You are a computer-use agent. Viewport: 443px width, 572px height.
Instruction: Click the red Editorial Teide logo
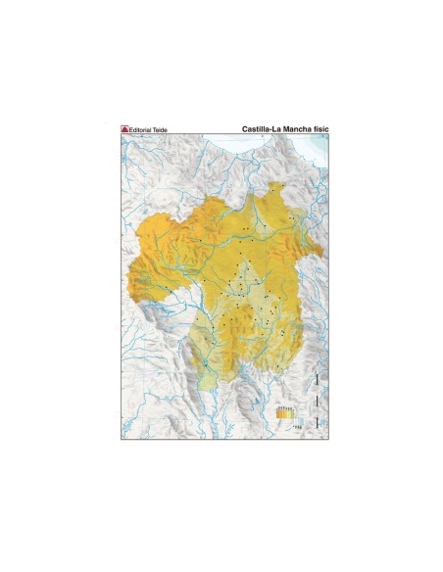coord(124,128)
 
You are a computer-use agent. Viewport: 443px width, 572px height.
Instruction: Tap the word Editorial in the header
coord(142,128)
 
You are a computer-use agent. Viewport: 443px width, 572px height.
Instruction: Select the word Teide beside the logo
coord(162,128)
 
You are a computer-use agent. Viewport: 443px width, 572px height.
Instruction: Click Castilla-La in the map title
coord(260,128)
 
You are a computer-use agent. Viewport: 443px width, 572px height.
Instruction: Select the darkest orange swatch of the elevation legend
coord(280,414)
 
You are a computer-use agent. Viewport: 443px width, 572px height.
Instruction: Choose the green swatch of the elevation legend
coord(294,414)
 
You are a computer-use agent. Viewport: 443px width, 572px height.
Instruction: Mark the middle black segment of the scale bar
coord(317,403)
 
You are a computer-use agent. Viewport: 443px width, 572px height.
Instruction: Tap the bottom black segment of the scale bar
coord(317,424)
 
